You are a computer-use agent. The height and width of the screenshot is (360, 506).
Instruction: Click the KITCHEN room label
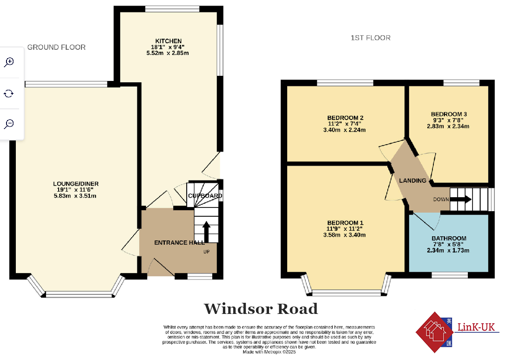169,41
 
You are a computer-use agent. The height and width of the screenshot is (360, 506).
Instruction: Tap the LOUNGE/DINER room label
76,184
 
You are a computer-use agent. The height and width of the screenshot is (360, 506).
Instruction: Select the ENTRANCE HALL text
179,243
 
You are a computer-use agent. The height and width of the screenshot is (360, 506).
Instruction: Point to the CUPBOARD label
205,196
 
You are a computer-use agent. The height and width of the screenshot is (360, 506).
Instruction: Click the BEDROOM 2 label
345,118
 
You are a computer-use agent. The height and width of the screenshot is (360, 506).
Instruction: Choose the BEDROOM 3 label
449,114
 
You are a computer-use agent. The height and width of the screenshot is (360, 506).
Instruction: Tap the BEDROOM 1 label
345,223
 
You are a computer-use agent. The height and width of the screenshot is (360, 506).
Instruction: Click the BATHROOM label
449,239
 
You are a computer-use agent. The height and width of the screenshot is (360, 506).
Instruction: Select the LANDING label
413,180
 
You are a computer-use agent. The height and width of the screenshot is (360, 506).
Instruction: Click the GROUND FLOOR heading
56,47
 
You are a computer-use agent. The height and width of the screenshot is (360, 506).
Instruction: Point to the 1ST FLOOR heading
371,38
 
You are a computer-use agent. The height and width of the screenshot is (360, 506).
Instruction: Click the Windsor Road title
261,309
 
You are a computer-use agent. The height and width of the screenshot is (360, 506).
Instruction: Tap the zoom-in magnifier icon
9,62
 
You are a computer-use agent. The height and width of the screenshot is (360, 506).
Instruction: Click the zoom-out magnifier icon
9,124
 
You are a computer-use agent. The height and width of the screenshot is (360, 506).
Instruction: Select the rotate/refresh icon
9,93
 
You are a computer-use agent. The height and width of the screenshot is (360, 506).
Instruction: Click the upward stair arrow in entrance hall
206,231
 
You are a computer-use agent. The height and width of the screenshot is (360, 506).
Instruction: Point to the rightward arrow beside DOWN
460,200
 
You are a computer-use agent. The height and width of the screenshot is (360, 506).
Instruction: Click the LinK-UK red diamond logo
434,332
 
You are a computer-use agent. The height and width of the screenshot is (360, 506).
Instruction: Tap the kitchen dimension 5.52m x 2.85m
168,53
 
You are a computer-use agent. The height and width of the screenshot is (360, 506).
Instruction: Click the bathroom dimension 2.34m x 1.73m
449,250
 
